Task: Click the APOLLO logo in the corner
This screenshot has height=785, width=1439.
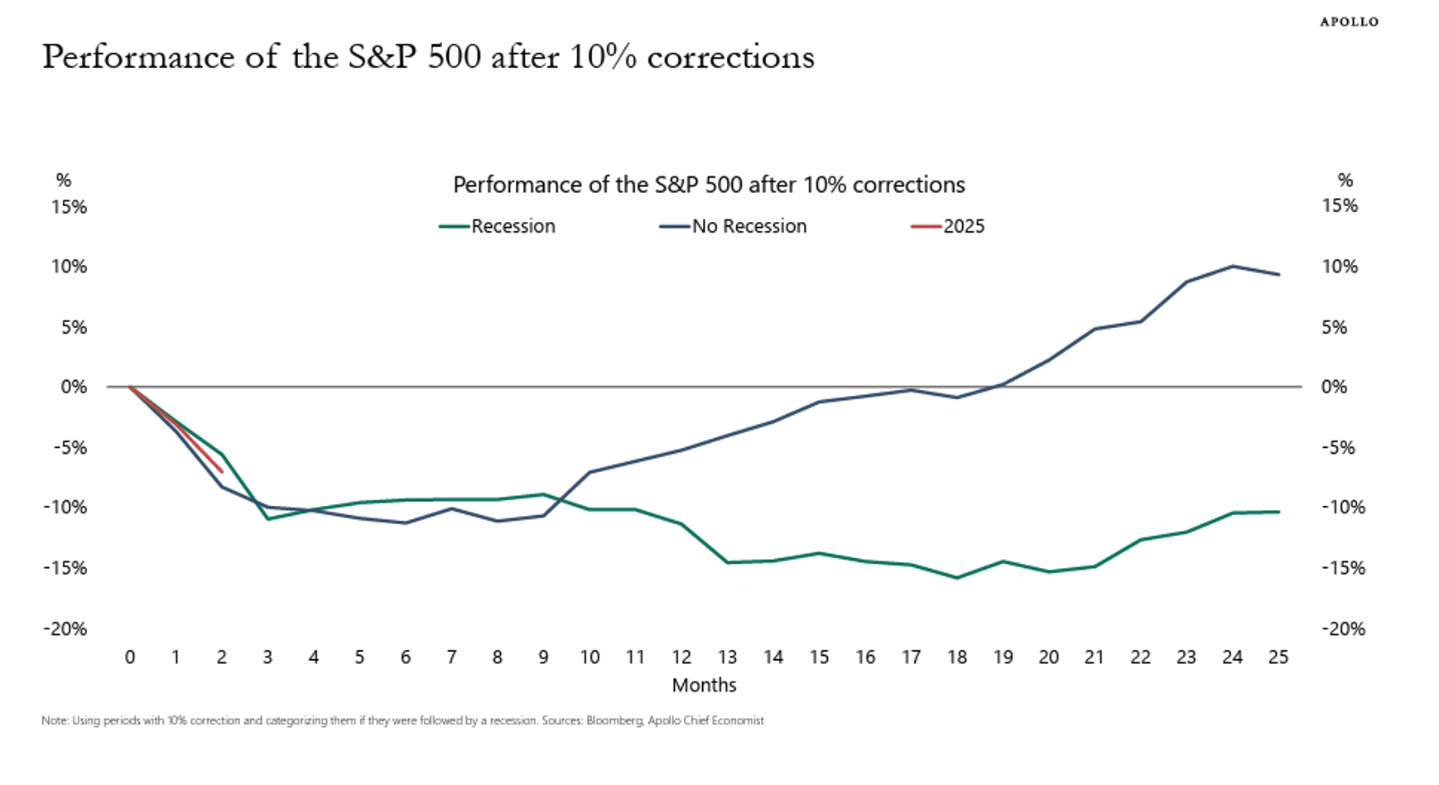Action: (x=1349, y=22)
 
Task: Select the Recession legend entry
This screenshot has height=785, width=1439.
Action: (x=497, y=226)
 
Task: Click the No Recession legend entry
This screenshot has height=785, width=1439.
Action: (x=733, y=226)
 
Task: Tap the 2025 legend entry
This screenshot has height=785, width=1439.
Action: (x=948, y=226)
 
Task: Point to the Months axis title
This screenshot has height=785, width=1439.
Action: (x=704, y=685)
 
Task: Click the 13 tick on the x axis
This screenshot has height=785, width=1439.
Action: (x=727, y=657)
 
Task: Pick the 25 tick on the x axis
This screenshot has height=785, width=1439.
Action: (x=1278, y=657)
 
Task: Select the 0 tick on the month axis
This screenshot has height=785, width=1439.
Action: (x=130, y=657)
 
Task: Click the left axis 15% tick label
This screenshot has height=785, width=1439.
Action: (x=69, y=206)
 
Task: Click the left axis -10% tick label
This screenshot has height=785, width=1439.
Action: (x=65, y=507)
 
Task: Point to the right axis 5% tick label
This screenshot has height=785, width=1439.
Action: (x=1335, y=327)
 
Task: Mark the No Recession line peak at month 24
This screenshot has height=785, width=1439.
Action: (x=1233, y=266)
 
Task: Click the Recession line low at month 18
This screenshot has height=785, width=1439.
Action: (x=957, y=578)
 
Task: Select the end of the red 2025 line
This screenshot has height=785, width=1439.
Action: (x=222, y=472)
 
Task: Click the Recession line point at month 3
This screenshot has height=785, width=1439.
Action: (x=267, y=519)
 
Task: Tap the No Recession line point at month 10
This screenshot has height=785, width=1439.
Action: (x=590, y=472)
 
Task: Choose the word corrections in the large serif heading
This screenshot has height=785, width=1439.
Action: (x=731, y=57)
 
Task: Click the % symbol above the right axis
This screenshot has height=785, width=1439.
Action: (x=1345, y=180)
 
